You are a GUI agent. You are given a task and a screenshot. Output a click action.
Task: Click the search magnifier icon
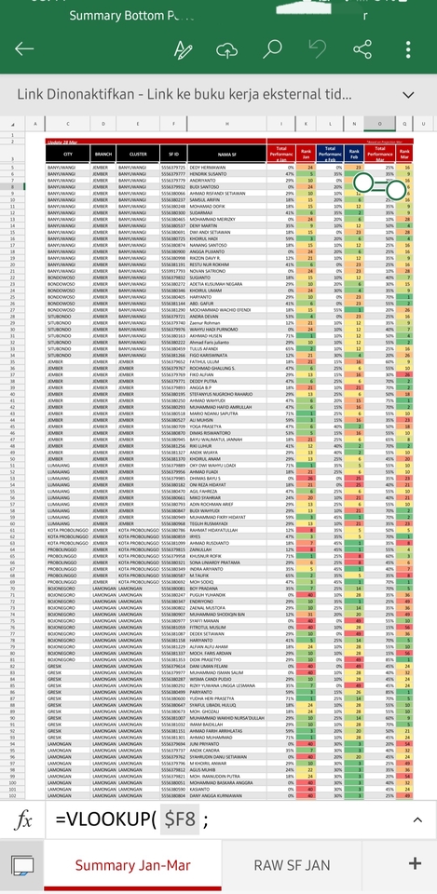(x=272, y=49)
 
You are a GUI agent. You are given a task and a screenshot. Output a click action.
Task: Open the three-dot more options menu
(x=409, y=49)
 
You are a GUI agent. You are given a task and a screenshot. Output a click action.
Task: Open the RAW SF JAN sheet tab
(x=293, y=865)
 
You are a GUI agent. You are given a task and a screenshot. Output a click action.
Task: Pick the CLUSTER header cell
(x=138, y=154)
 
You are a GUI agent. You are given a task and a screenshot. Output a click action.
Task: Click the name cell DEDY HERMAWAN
(x=212, y=166)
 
